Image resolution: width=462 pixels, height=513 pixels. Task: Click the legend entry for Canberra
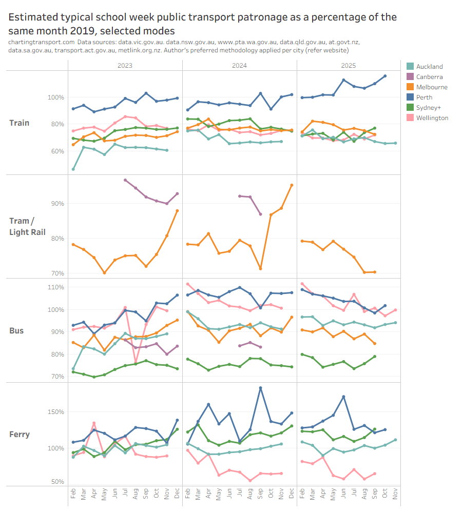pyautogui.click(x=429, y=76)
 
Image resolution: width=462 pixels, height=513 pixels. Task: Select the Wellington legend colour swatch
pyautogui.click(x=410, y=117)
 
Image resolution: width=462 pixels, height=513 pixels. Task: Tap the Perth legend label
pyautogui.click(x=424, y=97)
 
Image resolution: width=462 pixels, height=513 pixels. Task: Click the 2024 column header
pyautogui.click(x=239, y=66)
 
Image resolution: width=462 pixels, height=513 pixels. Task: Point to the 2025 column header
pyautogui.click(x=348, y=66)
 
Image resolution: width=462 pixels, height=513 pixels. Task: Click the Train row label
pyautogui.click(x=19, y=123)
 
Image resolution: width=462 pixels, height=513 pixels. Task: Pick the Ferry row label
pyautogui.click(x=20, y=434)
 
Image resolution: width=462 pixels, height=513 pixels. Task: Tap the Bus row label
pyautogui.click(x=16, y=330)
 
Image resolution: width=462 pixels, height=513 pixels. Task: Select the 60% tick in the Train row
pyautogui.click(x=57, y=151)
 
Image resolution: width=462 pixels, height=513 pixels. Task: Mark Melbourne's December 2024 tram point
pyautogui.click(x=292, y=185)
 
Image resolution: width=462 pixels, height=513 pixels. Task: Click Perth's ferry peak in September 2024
pyautogui.click(x=260, y=388)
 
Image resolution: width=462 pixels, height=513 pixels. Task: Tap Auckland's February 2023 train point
pyautogui.click(x=73, y=169)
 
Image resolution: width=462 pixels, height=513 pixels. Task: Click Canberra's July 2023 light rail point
pyautogui.click(x=125, y=180)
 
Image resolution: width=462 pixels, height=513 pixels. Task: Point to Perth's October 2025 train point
pyautogui.click(x=385, y=76)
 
